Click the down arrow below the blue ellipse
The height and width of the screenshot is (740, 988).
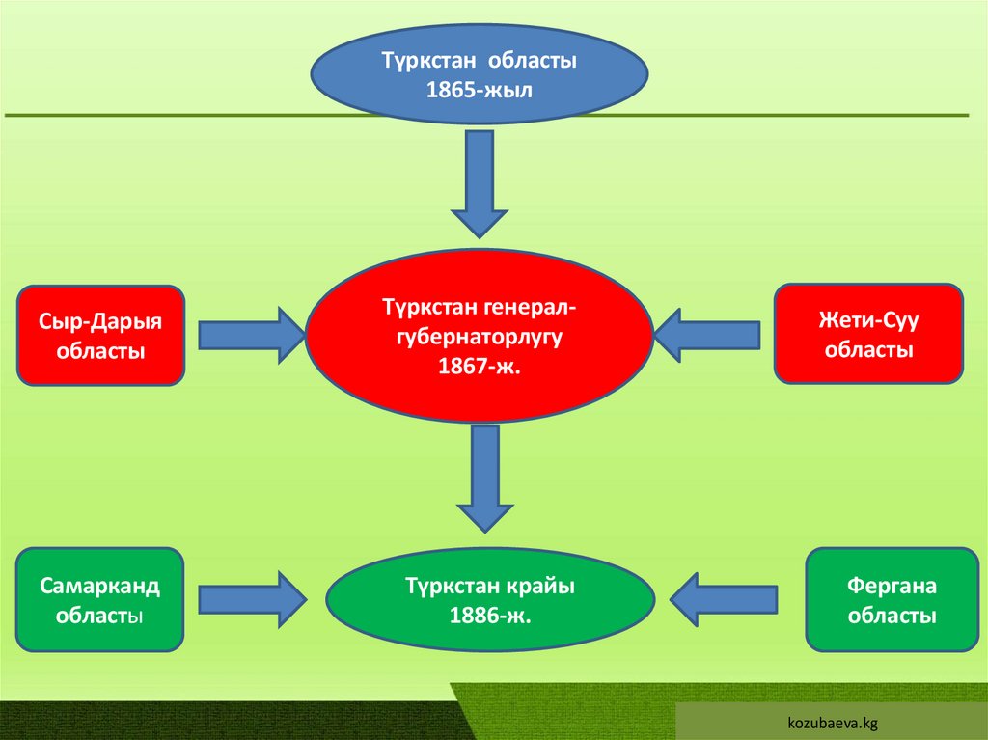(479, 183)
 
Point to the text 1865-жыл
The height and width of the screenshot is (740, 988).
(479, 89)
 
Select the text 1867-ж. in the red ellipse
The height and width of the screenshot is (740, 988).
(479, 367)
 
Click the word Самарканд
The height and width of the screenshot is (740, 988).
(100, 586)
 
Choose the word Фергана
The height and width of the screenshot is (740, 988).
(892, 586)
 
